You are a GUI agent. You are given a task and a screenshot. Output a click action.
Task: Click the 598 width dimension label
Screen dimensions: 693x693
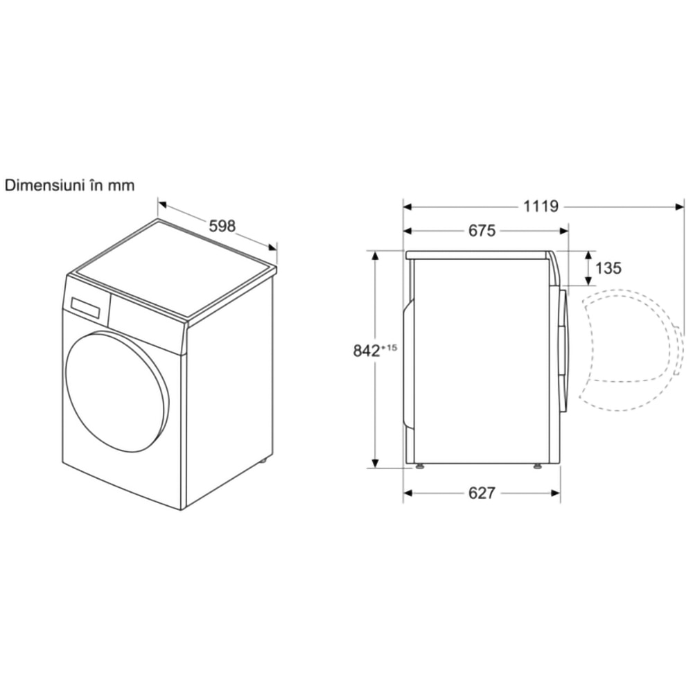coord(222,227)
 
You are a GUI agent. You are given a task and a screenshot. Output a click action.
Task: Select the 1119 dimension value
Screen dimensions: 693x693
coord(541,207)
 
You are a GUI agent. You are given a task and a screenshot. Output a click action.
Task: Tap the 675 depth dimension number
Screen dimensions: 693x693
coord(482,231)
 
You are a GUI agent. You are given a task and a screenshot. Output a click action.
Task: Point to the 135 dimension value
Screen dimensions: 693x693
coord(608,267)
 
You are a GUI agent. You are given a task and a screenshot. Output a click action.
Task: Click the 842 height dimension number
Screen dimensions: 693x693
coord(367,351)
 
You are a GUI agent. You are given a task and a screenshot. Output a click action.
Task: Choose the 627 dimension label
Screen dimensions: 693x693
coord(482,493)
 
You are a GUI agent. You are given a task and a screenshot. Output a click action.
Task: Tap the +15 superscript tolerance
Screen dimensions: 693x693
coord(389,347)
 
